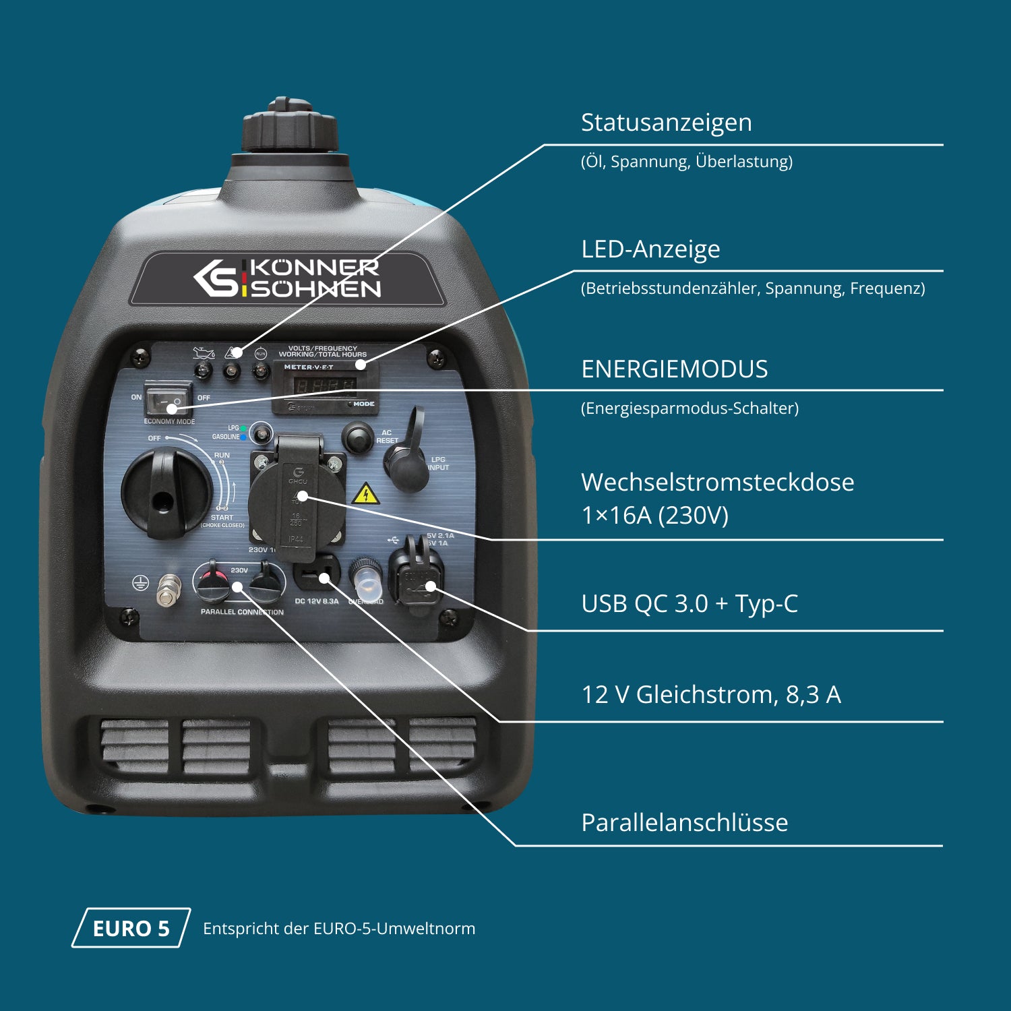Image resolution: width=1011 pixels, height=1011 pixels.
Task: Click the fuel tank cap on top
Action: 289,128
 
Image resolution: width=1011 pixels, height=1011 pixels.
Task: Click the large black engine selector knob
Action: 166,491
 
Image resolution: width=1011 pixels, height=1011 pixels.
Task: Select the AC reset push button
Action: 357,437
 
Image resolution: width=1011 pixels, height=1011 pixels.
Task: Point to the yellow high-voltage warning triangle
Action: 365,494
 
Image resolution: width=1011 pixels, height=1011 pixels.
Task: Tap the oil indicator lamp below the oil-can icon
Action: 203,369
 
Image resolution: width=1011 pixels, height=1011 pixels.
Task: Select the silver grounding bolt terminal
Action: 168,590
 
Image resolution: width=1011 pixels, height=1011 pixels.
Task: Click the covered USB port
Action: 417,576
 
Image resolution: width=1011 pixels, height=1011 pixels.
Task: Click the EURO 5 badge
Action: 131,928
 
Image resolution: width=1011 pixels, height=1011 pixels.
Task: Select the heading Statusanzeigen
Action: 666,123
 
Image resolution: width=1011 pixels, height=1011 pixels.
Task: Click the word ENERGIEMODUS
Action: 674,369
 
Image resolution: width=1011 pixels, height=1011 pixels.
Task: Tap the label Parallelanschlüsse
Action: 684,823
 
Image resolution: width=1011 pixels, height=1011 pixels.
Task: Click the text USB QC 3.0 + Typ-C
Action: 689,604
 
